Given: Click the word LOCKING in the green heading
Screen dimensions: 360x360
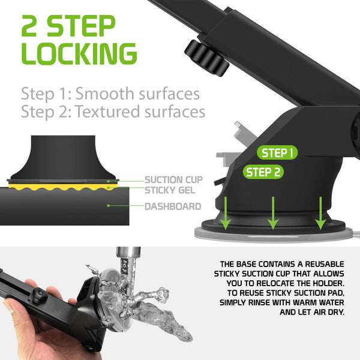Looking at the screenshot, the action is (79, 54).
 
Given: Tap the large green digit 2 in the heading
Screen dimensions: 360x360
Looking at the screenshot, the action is (29, 26).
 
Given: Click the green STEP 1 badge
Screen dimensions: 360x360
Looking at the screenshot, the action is (277, 152).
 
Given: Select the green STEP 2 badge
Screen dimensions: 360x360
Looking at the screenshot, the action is (263, 172).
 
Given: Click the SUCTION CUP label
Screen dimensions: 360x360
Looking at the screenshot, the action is (173, 180).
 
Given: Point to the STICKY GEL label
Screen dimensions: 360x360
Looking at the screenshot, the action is (170, 190).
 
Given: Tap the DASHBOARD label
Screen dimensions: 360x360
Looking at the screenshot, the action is (173, 206).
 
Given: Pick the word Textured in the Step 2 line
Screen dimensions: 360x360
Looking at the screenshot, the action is (107, 112).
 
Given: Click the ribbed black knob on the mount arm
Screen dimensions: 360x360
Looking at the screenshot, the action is (207, 58).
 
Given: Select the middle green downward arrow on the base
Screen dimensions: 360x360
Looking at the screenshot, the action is (273, 213).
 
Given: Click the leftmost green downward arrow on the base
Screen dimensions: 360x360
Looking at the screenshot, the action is (226, 213).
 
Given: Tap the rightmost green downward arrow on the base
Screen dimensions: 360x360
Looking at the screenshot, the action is (320, 213).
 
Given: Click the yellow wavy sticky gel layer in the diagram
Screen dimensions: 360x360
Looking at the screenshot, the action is (62, 187).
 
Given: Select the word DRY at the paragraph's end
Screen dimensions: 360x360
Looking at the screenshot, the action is (337, 312).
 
